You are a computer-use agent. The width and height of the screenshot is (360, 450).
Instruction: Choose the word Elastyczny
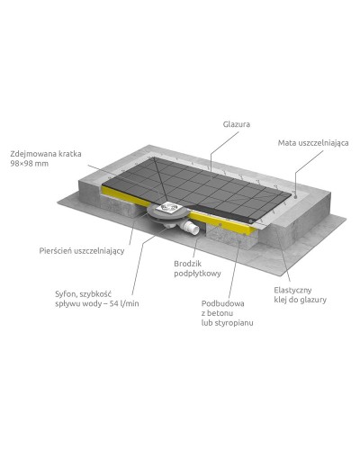pos(293,290)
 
